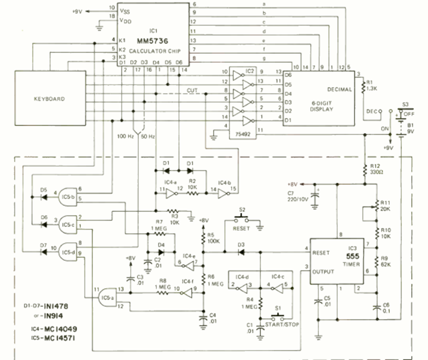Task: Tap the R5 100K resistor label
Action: [x=213, y=238]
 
